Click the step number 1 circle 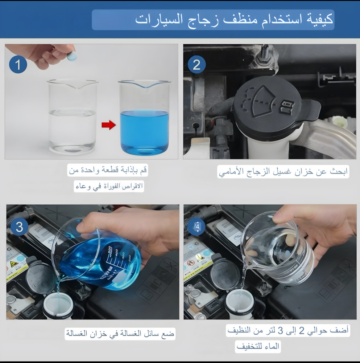click(x=18, y=64)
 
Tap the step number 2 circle click(x=196, y=64)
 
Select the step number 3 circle click(x=20, y=227)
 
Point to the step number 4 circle click(x=196, y=227)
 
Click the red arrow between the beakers click(x=109, y=125)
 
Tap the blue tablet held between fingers click(x=71, y=56)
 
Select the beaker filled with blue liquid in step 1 click(x=145, y=118)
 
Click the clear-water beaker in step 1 click(x=73, y=117)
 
